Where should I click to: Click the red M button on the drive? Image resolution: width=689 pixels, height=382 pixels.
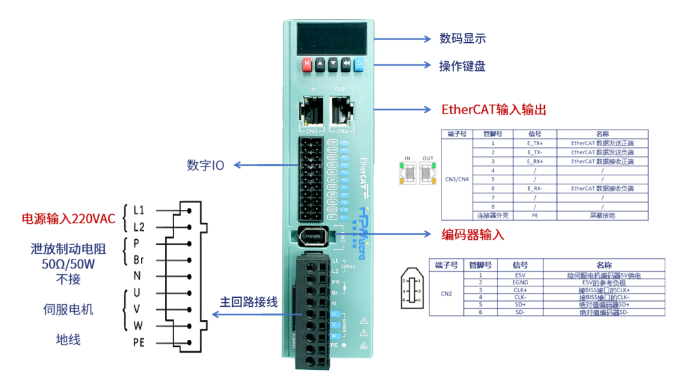pos(307,64)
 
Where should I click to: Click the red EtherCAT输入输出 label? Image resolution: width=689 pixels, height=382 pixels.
pos(494,110)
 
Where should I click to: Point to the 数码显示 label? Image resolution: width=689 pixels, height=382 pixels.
pos(463,38)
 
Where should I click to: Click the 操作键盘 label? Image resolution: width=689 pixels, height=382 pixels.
pos(463,66)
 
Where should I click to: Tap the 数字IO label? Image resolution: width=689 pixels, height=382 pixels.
pos(205,165)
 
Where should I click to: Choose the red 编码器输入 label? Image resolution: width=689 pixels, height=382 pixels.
pos(473,234)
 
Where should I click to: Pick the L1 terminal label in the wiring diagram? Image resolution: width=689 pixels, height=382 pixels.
pos(139,209)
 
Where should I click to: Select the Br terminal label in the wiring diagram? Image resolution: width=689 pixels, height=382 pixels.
pos(139,260)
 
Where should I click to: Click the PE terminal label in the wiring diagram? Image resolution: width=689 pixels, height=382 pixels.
pos(139,342)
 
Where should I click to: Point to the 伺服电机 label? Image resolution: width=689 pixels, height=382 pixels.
pos(68,309)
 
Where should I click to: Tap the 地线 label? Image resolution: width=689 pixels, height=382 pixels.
pos(68,339)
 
